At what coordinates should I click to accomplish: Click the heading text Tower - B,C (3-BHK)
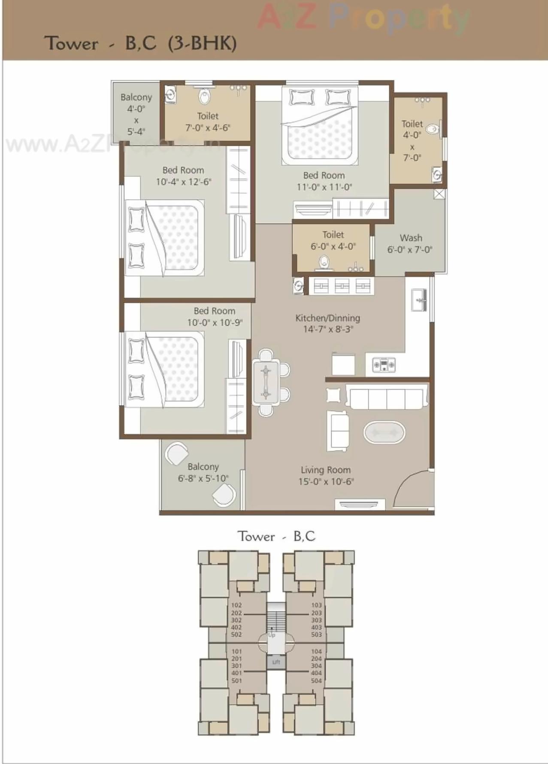[x=140, y=43]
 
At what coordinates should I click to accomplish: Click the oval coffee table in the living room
[x=384, y=433]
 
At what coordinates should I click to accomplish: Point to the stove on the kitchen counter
[x=384, y=365]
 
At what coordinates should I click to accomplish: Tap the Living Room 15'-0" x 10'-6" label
[x=326, y=476]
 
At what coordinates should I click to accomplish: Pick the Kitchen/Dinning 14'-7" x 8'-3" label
[x=327, y=324]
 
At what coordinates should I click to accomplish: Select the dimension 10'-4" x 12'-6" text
[x=183, y=182]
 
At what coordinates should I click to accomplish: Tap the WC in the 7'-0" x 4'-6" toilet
[x=205, y=96]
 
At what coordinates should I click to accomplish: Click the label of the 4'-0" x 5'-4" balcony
[x=136, y=114]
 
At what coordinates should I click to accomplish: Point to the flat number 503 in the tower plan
[x=316, y=634]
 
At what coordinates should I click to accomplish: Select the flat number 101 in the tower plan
[x=236, y=652]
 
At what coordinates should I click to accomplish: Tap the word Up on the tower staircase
[x=272, y=635]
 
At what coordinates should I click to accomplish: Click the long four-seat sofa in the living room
[x=387, y=399]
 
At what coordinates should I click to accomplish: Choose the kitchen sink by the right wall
[x=418, y=300]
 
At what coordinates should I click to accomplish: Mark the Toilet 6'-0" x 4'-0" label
[x=333, y=240]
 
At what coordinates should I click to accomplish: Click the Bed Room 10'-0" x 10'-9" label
[x=215, y=316]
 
